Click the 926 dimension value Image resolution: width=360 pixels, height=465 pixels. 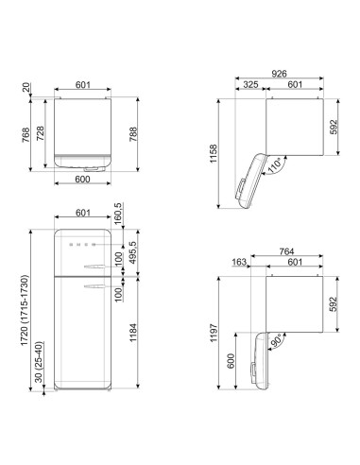click(279, 74)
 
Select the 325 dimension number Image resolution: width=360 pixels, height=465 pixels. click(250, 84)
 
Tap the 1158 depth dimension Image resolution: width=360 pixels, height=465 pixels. click(214, 153)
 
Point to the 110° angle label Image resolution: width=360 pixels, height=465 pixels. click(274, 166)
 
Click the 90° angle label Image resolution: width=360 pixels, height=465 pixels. click(276, 342)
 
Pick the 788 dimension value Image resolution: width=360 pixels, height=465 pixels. click(133, 134)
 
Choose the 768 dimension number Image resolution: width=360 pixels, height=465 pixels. click(26, 134)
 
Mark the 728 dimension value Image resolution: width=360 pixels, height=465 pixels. click(41, 133)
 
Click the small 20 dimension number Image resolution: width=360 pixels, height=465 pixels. click(26, 87)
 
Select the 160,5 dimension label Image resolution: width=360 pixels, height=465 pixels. click(118, 214)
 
